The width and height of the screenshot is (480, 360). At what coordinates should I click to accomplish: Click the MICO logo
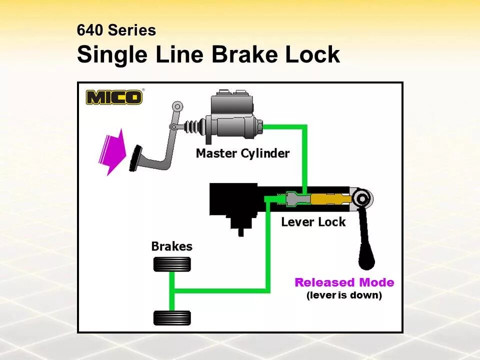114,96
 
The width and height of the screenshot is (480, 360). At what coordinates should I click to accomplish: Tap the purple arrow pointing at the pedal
112,151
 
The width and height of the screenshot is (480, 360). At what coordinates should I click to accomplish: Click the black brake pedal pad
134,157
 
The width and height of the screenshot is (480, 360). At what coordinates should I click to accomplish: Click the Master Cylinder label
242,153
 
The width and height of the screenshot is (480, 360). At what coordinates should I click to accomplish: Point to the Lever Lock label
313,221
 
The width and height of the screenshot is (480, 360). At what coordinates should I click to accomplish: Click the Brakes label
171,246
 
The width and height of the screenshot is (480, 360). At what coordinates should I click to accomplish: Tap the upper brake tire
172,264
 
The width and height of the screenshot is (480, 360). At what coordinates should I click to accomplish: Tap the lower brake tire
172,317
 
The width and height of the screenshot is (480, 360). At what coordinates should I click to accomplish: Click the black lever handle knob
366,260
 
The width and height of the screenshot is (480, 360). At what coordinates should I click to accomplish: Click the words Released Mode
344,282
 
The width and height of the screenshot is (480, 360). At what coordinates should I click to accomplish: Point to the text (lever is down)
344,295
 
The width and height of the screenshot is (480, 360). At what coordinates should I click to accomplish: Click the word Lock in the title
312,54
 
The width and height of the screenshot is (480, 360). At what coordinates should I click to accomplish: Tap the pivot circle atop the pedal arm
177,106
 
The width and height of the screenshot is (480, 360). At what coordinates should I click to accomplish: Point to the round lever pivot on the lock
361,198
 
